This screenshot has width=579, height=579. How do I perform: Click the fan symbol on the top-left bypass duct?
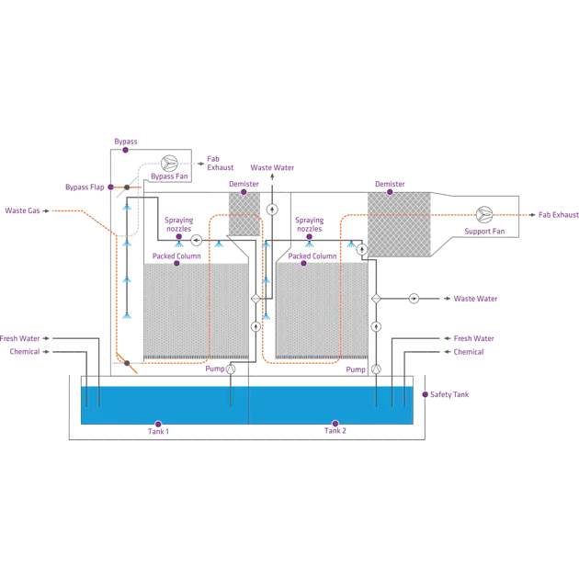[x=169, y=163]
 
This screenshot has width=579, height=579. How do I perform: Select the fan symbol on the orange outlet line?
[x=484, y=215]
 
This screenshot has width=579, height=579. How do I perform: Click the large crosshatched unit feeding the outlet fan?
[x=398, y=224]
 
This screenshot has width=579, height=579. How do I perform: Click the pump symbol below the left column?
[x=231, y=369]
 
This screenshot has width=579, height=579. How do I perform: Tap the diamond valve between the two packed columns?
[x=255, y=299]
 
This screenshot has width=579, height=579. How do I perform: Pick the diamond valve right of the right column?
[x=376, y=299]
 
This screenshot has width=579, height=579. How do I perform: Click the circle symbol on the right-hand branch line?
[x=414, y=299]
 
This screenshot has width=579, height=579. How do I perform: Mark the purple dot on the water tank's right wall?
[x=425, y=394]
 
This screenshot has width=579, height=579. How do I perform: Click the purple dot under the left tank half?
[x=158, y=425]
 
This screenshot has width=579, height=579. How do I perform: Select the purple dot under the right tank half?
[x=335, y=425]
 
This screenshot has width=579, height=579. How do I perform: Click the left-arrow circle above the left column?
[x=196, y=240]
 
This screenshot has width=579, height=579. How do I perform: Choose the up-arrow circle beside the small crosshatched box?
[x=272, y=210]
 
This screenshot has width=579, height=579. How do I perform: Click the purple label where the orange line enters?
[x=24, y=211]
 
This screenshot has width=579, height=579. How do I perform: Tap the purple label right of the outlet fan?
[x=558, y=215]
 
